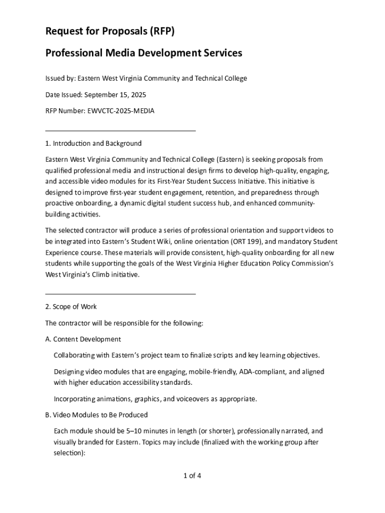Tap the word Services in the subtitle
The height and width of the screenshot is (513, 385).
(219, 53)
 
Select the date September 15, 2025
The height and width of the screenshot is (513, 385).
(115, 95)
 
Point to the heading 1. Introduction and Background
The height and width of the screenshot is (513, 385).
(93, 143)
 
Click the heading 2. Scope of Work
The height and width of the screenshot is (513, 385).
(71, 307)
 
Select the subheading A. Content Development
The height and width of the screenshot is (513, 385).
(83, 339)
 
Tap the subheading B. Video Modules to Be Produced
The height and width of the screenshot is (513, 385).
(96, 415)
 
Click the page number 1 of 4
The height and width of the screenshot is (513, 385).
(192, 475)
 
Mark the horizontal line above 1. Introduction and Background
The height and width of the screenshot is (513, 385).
(120, 131)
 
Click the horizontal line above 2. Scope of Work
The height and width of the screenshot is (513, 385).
(120, 294)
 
